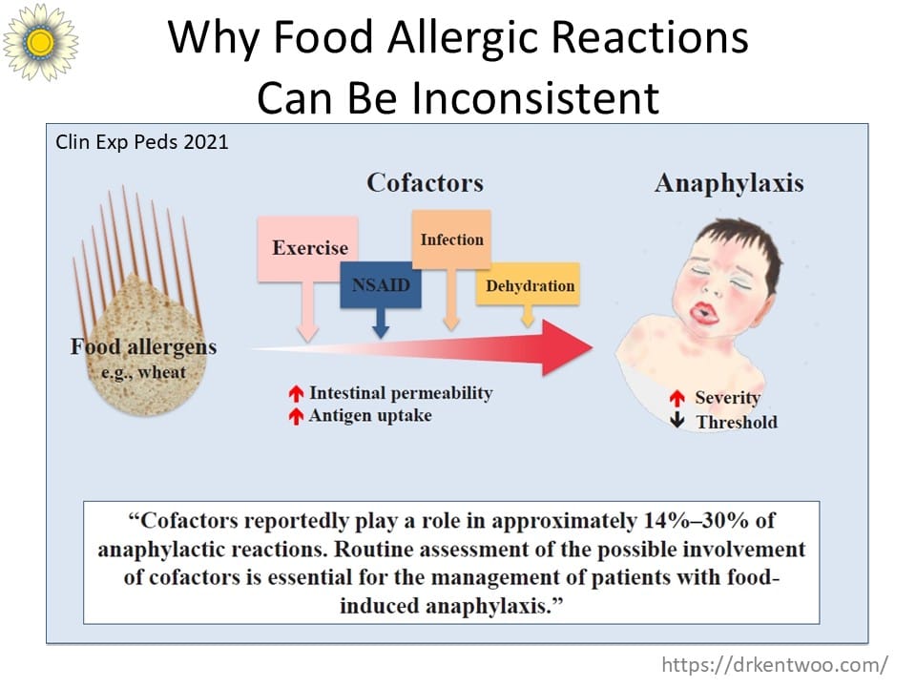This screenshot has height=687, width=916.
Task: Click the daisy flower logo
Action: [x=40, y=41]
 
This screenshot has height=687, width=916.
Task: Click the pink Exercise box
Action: [x=308, y=249]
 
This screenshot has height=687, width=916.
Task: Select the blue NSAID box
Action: [x=381, y=284]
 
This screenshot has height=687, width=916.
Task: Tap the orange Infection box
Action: [x=451, y=239]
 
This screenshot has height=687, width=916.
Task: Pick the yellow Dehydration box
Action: [x=529, y=284]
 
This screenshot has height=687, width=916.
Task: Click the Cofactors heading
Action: [x=425, y=182]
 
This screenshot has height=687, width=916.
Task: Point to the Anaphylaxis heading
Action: [x=729, y=183]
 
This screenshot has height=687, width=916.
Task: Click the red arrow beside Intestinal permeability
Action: [x=296, y=393]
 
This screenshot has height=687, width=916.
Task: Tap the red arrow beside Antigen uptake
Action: [x=296, y=416]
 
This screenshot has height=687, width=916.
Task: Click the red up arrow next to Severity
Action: [x=677, y=398]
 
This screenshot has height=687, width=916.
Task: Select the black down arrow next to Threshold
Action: [x=677, y=420]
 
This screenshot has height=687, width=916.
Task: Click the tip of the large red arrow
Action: [x=593, y=347]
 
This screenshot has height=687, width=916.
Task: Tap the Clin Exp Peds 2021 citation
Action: [x=142, y=142]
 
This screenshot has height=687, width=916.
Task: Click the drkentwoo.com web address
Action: [x=775, y=665]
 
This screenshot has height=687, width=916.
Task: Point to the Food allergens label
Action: [x=144, y=346]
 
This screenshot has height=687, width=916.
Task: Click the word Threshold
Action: [x=737, y=422]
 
